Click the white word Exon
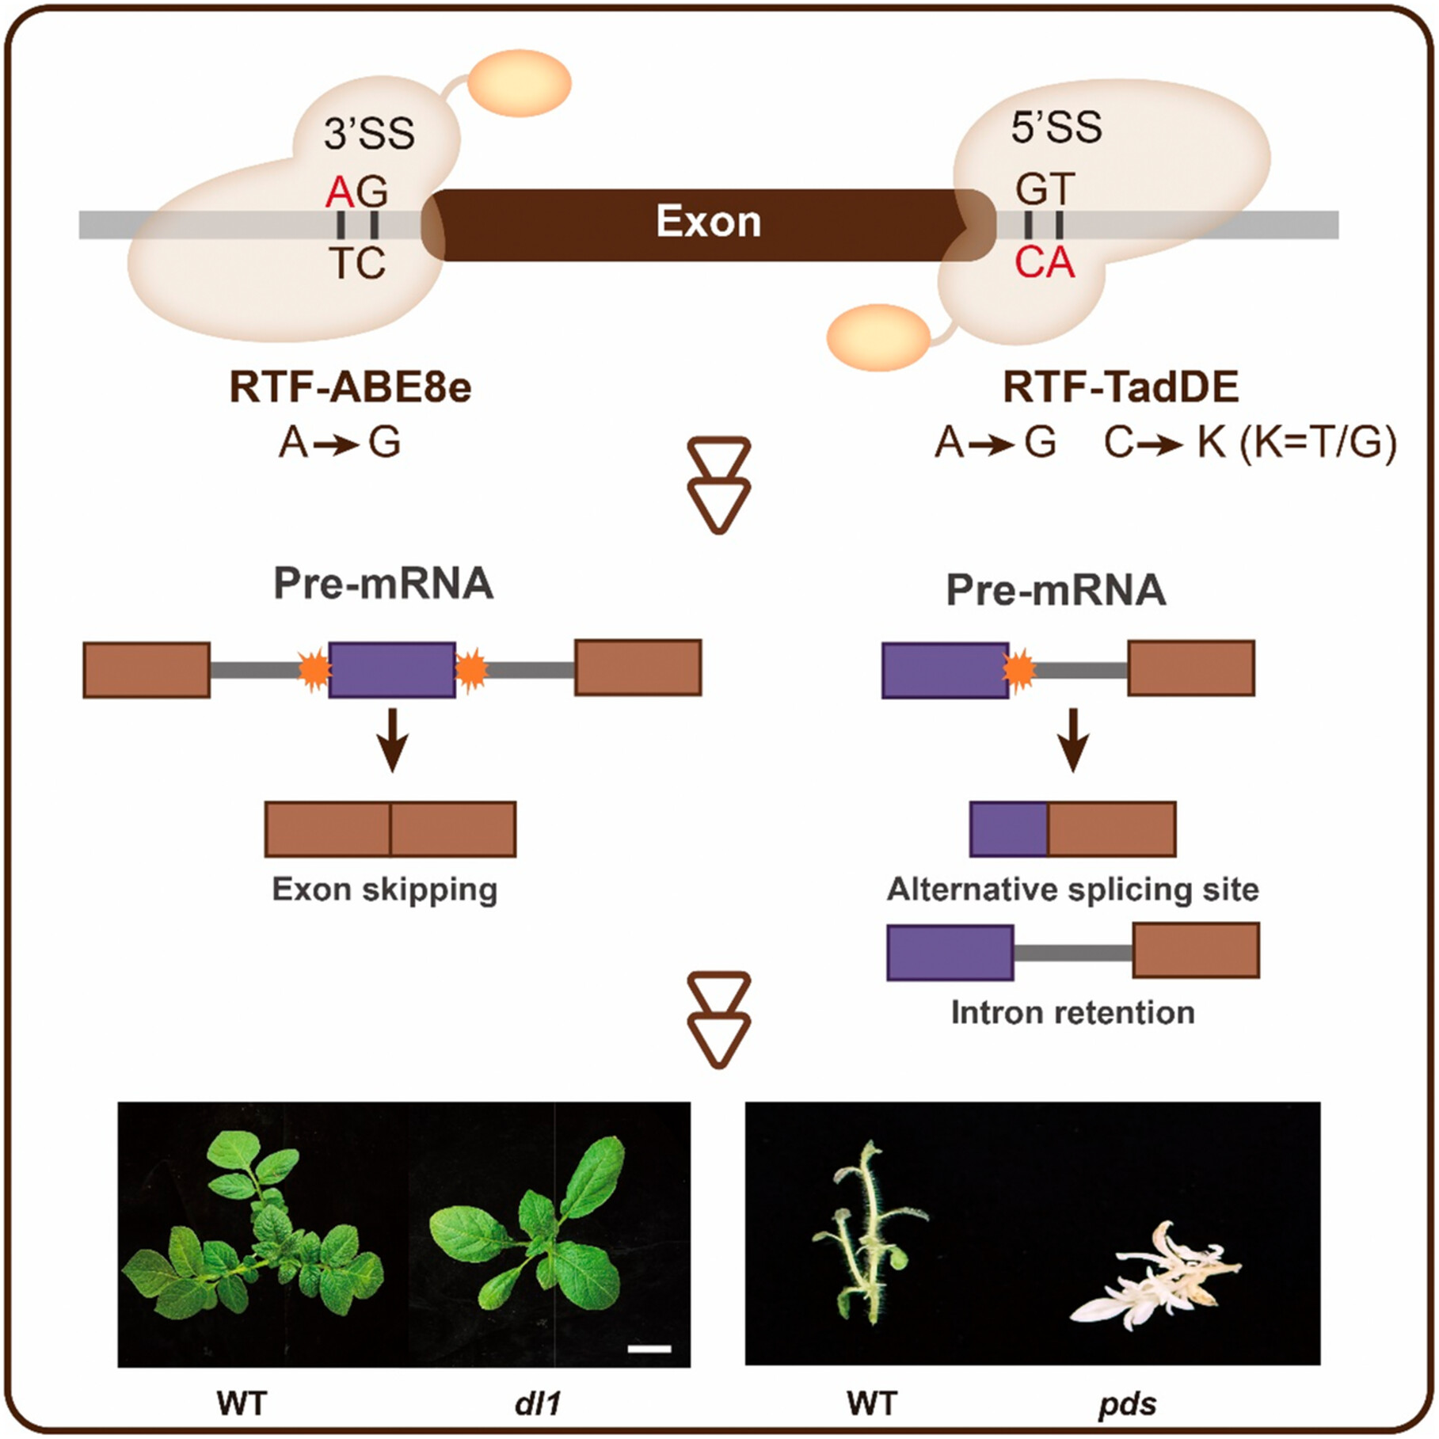(x=708, y=222)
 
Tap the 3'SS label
(x=369, y=134)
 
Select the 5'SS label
(x=1056, y=128)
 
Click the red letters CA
(x=1045, y=263)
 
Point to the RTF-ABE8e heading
(x=350, y=388)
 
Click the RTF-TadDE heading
(x=1121, y=387)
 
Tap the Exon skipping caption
(x=385, y=889)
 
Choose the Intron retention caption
(x=1072, y=1012)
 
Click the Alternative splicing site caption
(x=1072, y=889)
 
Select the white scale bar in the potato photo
(x=649, y=1348)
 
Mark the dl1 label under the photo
(x=538, y=1403)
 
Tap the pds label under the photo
(x=1127, y=1404)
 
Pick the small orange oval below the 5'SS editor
(x=877, y=337)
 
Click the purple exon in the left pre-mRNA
(x=392, y=670)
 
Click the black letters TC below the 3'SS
(x=357, y=264)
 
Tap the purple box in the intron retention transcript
(x=950, y=952)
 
